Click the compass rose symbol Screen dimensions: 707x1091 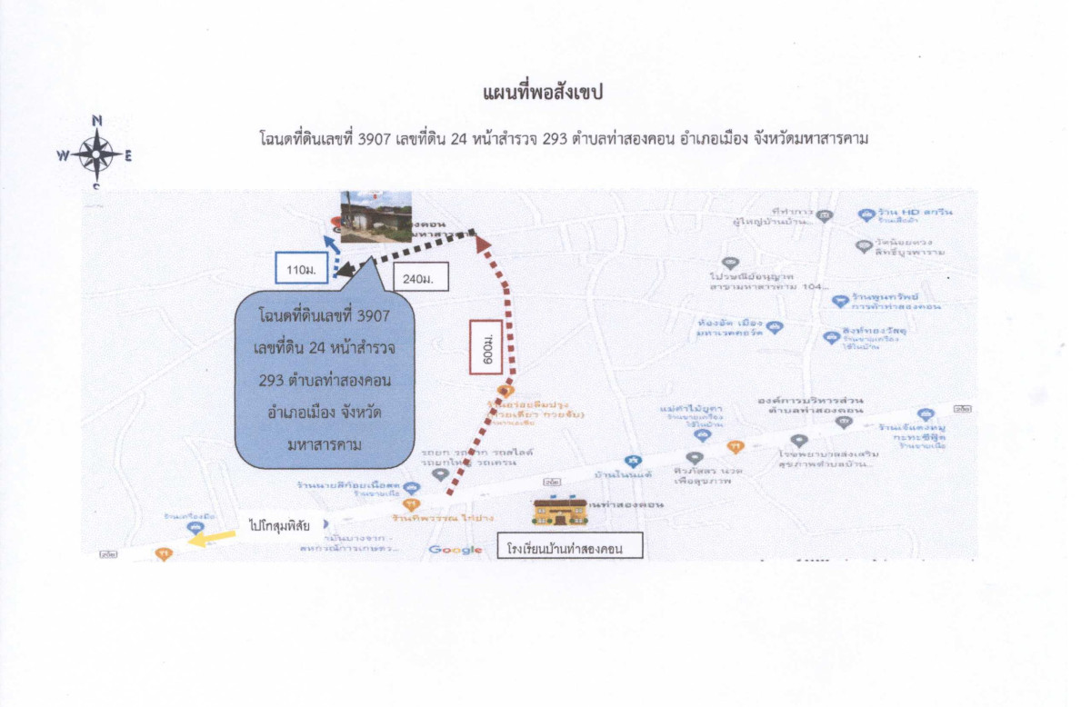coord(96,155)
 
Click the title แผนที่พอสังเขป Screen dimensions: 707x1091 coord(544,93)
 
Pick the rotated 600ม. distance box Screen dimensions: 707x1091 coord(488,346)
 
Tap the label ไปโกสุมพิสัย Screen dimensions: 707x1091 coord(278,524)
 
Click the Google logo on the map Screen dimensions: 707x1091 coord(455,549)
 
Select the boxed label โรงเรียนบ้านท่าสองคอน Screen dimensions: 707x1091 coord(570,548)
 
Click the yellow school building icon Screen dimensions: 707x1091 coord(559,512)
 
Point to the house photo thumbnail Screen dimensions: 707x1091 coord(375,216)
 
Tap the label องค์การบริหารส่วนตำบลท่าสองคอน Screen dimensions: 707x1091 coord(811,405)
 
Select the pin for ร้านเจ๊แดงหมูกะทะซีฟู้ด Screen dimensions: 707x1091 coord(926,414)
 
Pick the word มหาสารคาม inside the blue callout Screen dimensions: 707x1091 coord(325,445)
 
